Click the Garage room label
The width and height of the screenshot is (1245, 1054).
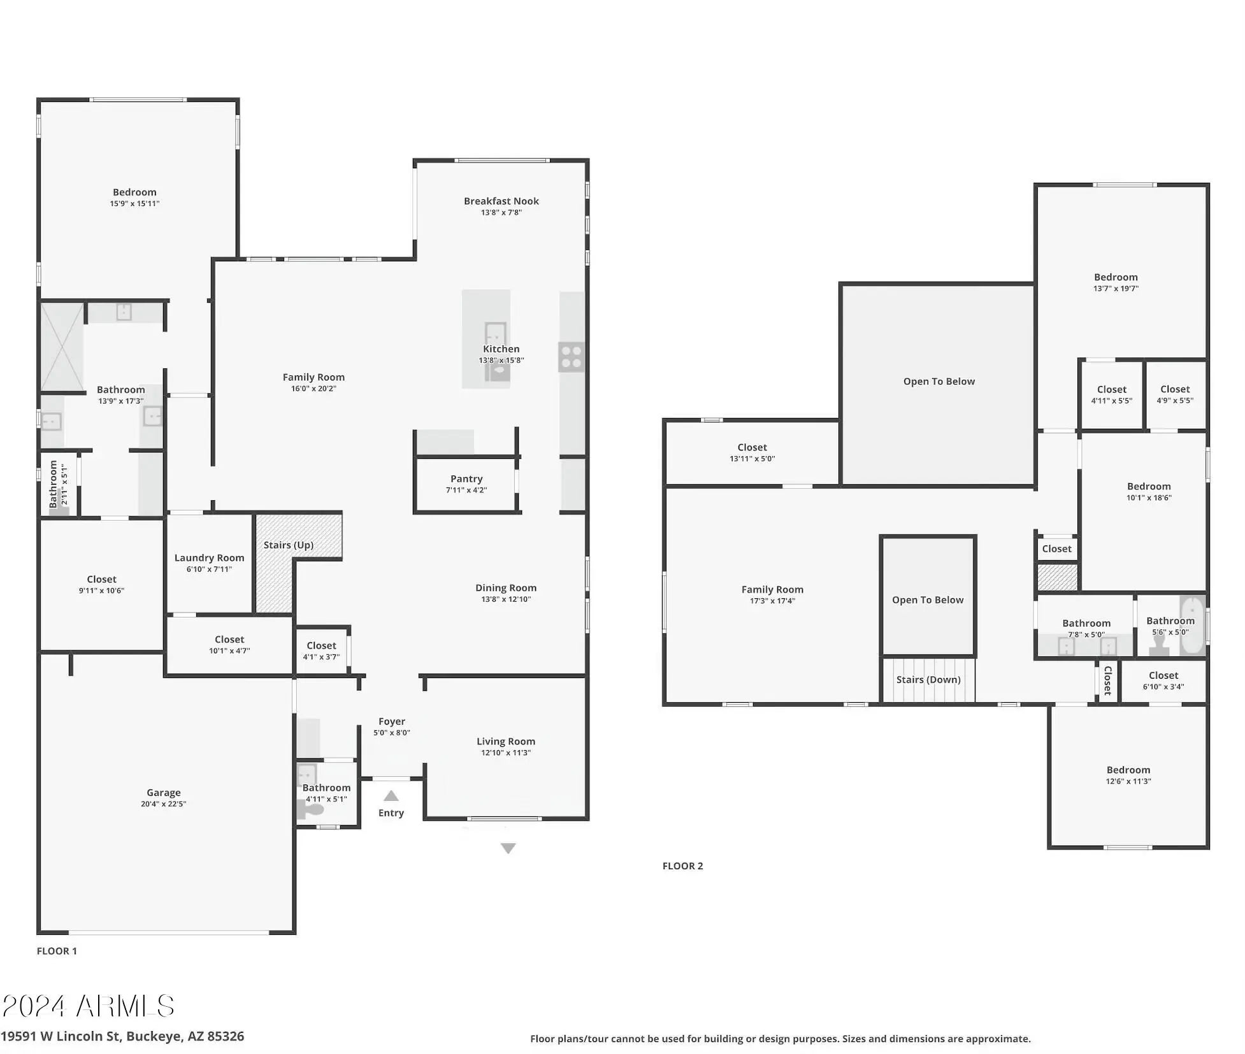[164, 793]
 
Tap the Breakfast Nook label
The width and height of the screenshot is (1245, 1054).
[501, 201]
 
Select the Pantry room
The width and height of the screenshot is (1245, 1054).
[466, 484]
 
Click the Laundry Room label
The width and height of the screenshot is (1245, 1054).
[209, 558]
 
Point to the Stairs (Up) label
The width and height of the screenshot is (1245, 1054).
[289, 545]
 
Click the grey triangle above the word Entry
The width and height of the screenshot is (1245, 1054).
[391, 796]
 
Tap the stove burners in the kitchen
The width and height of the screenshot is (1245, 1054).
[572, 357]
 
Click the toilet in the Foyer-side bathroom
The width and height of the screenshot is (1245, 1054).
[311, 810]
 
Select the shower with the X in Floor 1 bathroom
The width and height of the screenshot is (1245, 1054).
[62, 347]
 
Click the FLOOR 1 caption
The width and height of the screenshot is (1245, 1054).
[57, 951]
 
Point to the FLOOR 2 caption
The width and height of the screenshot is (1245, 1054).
[682, 865]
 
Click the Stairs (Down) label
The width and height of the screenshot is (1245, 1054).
[928, 679]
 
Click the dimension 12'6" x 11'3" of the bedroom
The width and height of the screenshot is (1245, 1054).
[1128, 781]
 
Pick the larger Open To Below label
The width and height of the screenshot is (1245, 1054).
[939, 381]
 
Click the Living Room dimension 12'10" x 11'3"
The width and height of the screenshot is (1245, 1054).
[506, 753]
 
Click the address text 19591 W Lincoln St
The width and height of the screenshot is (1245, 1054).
[60, 1036]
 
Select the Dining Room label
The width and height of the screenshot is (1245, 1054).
[506, 588]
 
